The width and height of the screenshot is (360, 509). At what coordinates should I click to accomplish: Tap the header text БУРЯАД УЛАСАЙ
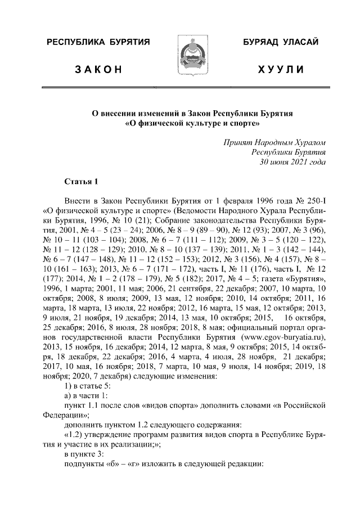281,42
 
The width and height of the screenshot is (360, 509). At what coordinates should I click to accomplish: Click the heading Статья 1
82,181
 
